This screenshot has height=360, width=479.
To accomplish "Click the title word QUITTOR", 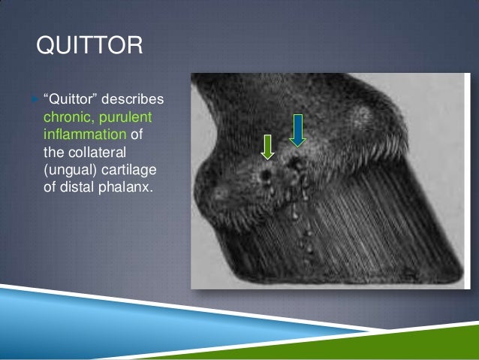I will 89,47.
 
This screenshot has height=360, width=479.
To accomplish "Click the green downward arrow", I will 267,147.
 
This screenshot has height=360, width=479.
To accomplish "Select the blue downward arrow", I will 297,129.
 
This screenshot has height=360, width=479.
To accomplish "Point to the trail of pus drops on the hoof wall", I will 305,225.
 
